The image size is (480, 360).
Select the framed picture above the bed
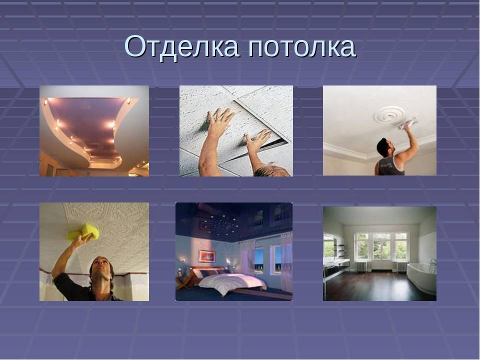206,255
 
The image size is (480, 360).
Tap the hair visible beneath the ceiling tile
272,171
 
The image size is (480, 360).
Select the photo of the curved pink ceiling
94,130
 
